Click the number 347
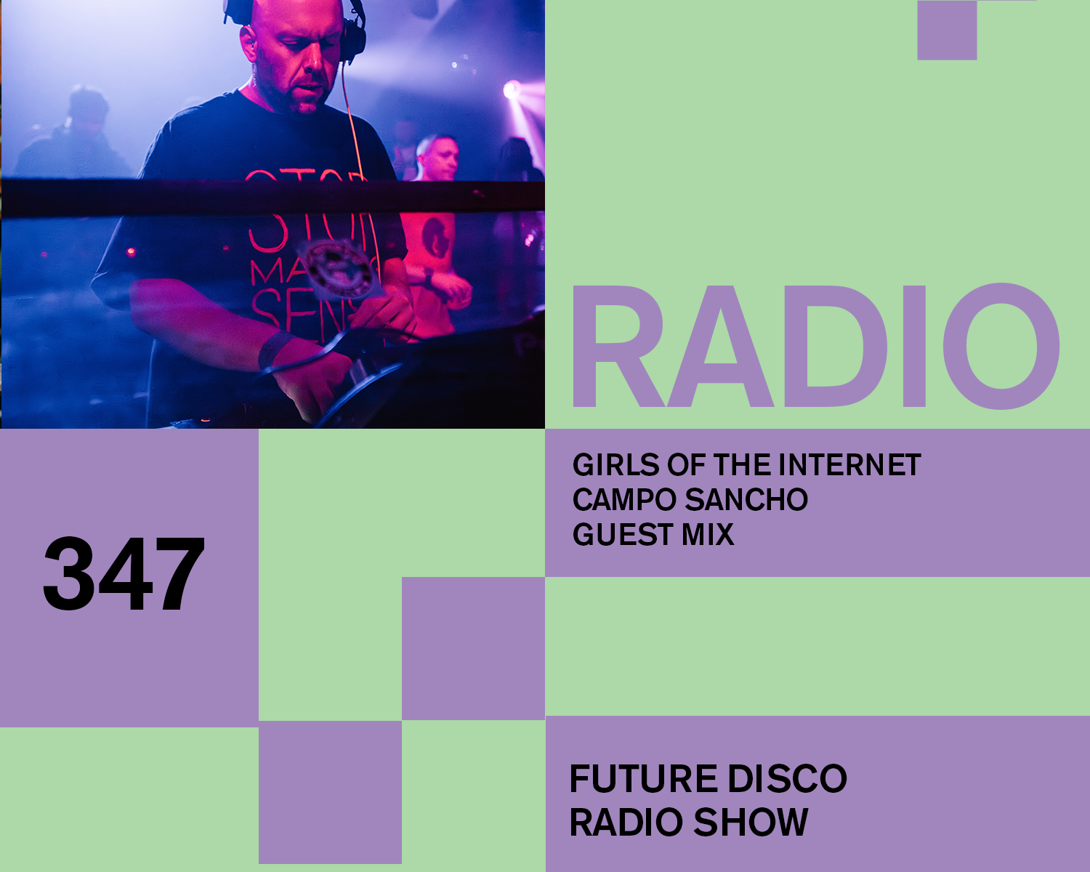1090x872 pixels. tap(124, 573)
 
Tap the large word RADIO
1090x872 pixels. tap(815, 346)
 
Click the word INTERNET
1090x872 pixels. tap(849, 464)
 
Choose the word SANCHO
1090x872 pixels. tap(746, 500)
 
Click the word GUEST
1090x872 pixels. tap(622, 534)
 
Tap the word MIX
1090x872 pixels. tap(708, 534)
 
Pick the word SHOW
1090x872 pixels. tap(751, 822)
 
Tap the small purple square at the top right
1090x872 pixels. tap(947, 31)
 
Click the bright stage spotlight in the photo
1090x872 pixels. tap(511, 89)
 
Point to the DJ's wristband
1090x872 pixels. tap(275, 348)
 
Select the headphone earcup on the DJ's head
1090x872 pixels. tap(354, 38)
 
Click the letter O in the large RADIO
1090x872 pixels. tap(1001, 346)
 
